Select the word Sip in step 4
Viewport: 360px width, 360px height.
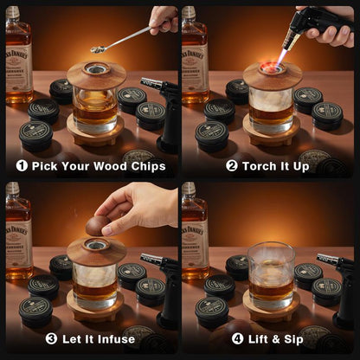pos(293,338)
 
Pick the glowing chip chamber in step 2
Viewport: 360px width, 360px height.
pos(273,67)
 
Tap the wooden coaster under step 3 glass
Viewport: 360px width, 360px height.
pos(96,307)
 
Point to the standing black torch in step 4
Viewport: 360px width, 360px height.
pos(340,277)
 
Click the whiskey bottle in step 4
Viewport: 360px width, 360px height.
pos(192,234)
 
